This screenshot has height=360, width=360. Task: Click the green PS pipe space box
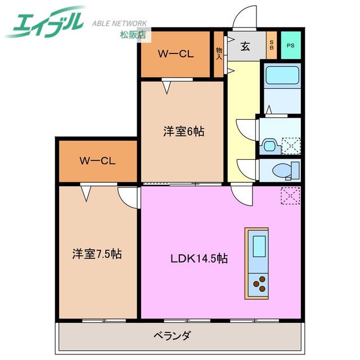(291, 45)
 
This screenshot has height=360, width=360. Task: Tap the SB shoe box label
(272, 45)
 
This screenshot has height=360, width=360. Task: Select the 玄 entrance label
(245, 46)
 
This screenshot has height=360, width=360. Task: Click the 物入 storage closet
(219, 54)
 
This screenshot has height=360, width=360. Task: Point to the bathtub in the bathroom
(282, 75)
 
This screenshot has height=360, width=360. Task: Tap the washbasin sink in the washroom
(269, 146)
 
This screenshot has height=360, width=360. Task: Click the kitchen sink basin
(259, 246)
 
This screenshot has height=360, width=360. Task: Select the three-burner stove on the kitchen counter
(259, 284)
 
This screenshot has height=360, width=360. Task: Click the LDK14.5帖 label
(199, 259)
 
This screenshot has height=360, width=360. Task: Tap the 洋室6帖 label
(184, 132)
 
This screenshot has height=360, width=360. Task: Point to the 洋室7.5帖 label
(97, 254)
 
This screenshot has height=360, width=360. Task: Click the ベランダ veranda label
(172, 336)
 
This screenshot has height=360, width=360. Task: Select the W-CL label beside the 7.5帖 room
(97, 161)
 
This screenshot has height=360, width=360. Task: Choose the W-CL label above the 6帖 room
(175, 54)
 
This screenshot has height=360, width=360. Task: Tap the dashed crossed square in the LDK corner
(290, 195)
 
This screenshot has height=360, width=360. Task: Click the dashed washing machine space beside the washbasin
(291, 146)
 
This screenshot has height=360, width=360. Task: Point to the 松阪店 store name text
(133, 35)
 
